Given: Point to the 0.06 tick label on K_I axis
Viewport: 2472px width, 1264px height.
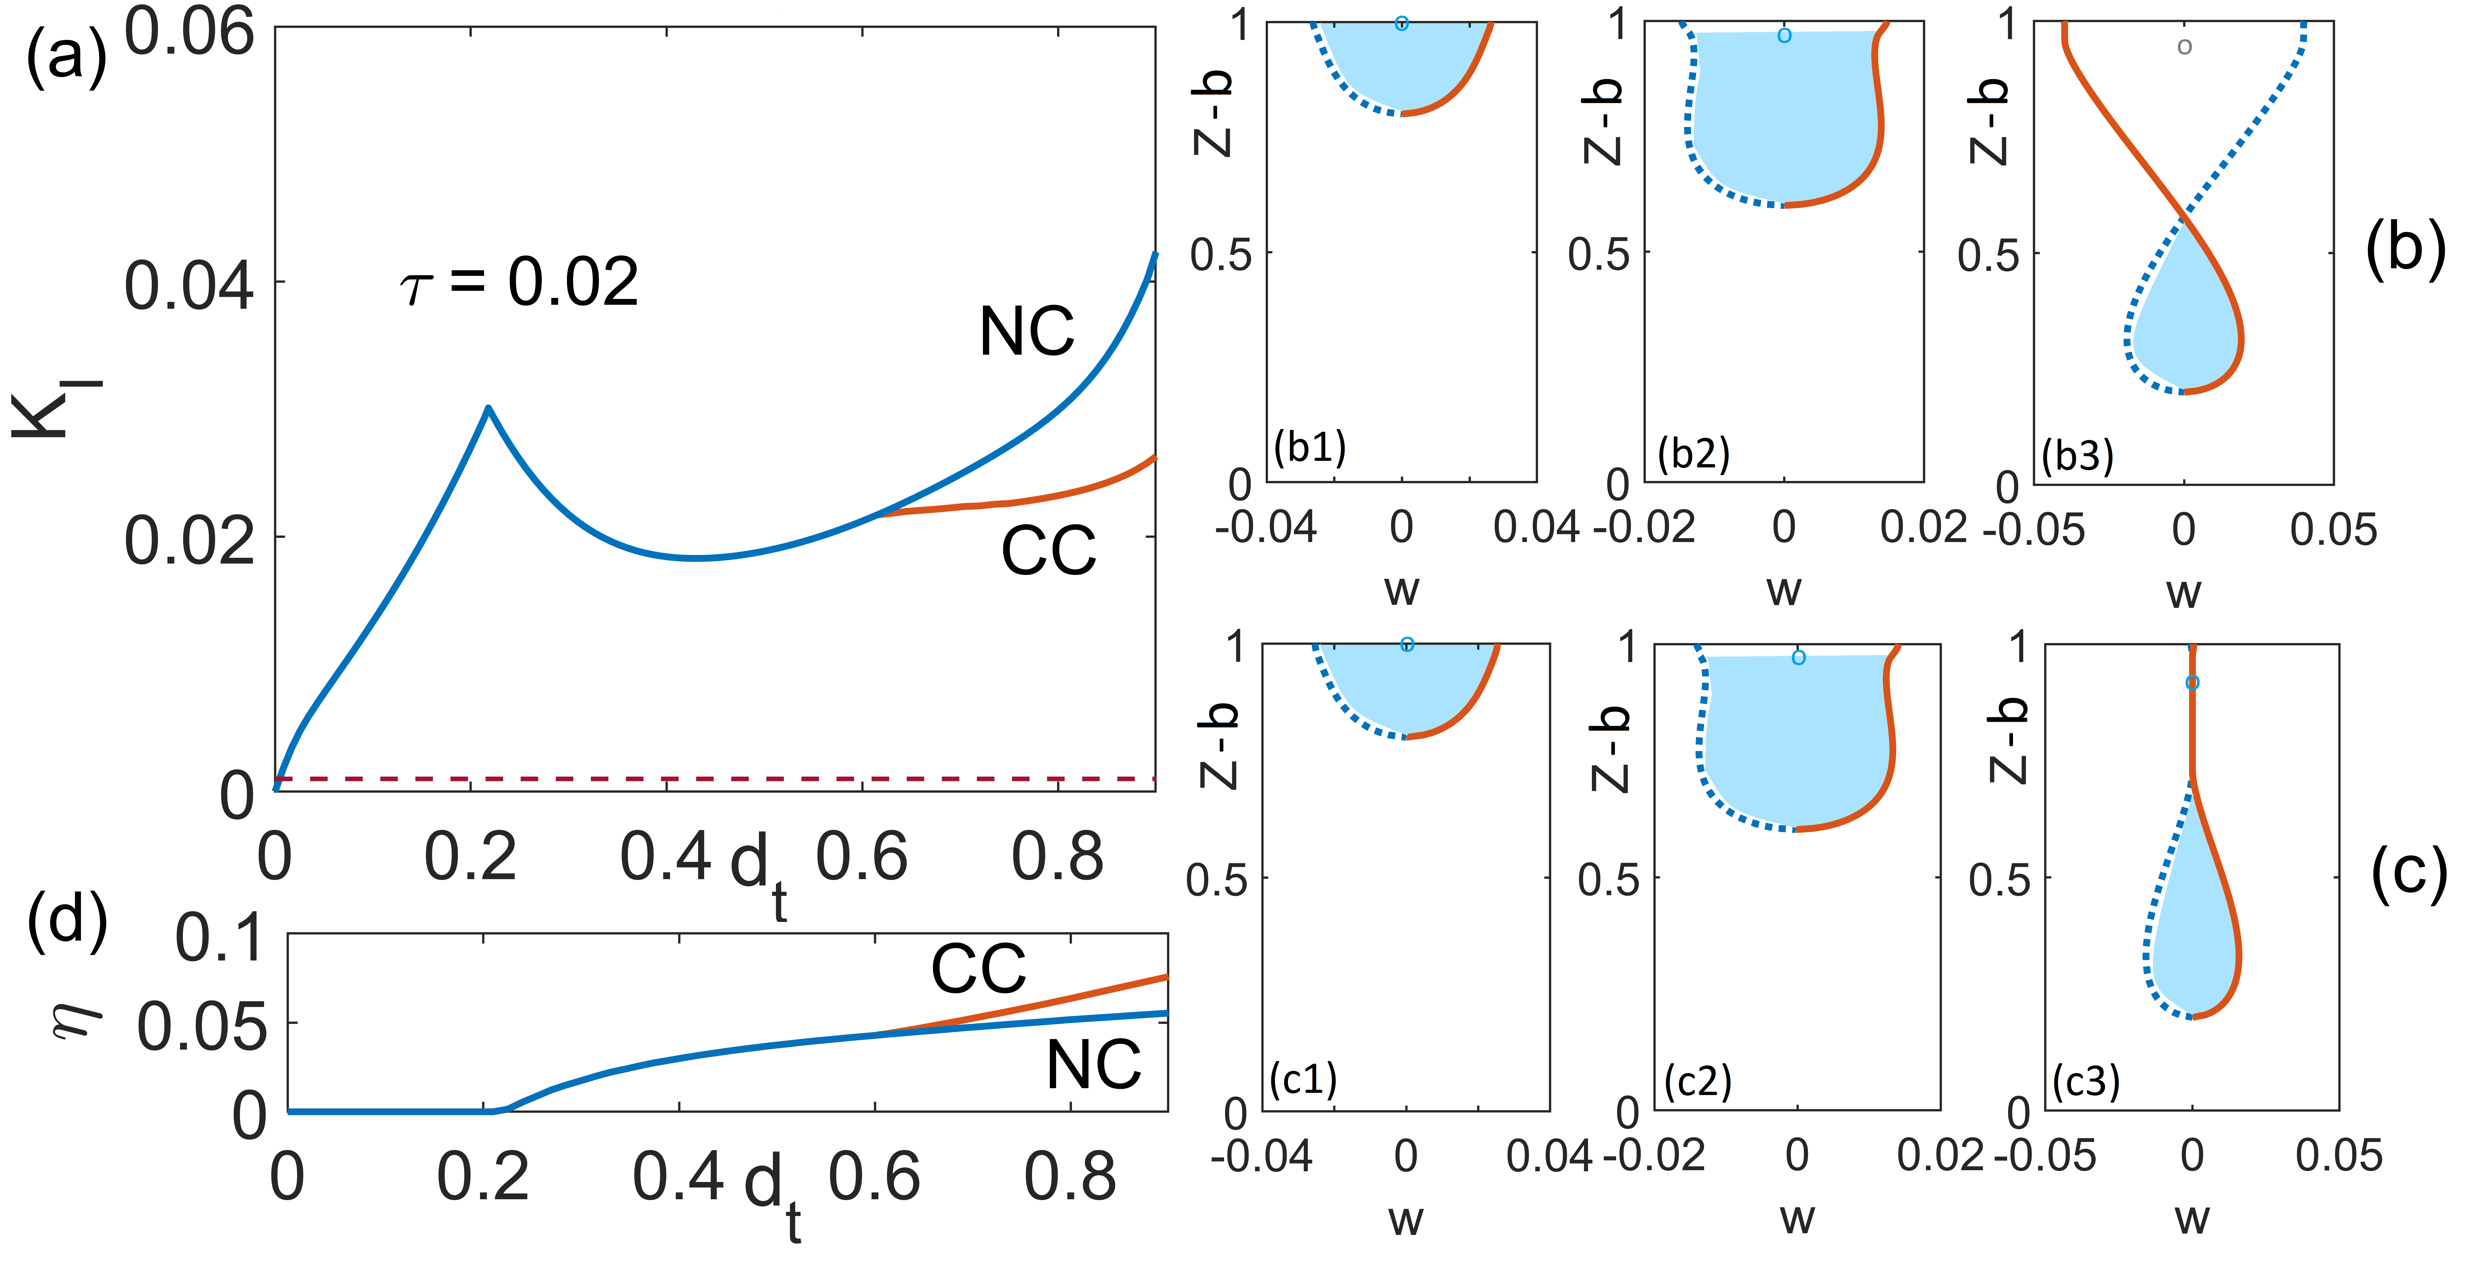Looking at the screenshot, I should (189, 32).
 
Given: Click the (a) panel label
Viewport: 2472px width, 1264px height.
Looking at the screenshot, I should (65, 56).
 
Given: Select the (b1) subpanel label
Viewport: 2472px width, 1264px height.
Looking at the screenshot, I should (1310, 447).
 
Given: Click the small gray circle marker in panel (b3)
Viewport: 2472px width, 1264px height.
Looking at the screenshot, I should (2184, 46).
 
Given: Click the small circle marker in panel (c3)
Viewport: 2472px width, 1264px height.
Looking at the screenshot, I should (2192, 682).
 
